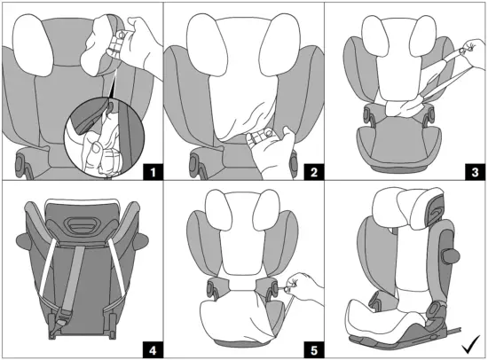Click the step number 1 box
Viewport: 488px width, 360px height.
[153, 172]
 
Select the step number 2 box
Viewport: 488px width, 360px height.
[314, 172]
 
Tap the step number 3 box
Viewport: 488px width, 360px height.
[475, 172]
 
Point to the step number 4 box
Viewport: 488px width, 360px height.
[153, 350]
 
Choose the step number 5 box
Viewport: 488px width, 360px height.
[314, 350]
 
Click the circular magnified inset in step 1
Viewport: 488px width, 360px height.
[105, 137]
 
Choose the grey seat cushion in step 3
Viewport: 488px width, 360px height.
[399, 146]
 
